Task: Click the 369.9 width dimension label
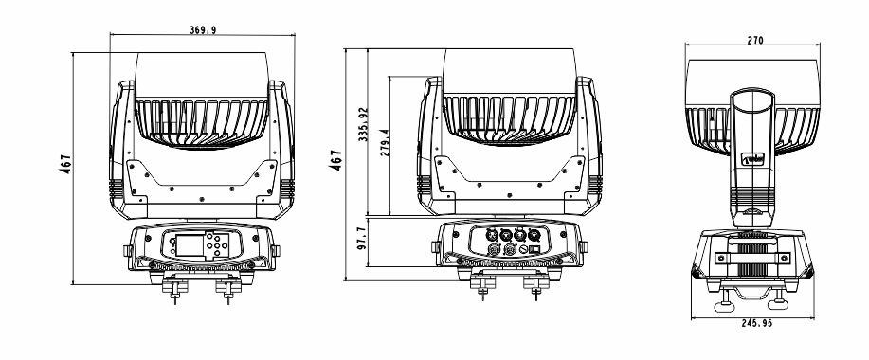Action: [x=203, y=30]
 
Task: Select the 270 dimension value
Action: [x=755, y=41]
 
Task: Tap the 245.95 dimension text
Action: [x=756, y=323]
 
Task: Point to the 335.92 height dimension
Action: [x=363, y=125]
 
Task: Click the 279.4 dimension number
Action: [x=385, y=142]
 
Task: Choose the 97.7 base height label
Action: [x=362, y=238]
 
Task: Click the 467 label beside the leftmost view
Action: [x=66, y=165]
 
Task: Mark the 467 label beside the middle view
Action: [x=335, y=160]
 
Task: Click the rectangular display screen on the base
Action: [x=189, y=246]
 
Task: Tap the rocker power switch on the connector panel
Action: [x=535, y=250]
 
